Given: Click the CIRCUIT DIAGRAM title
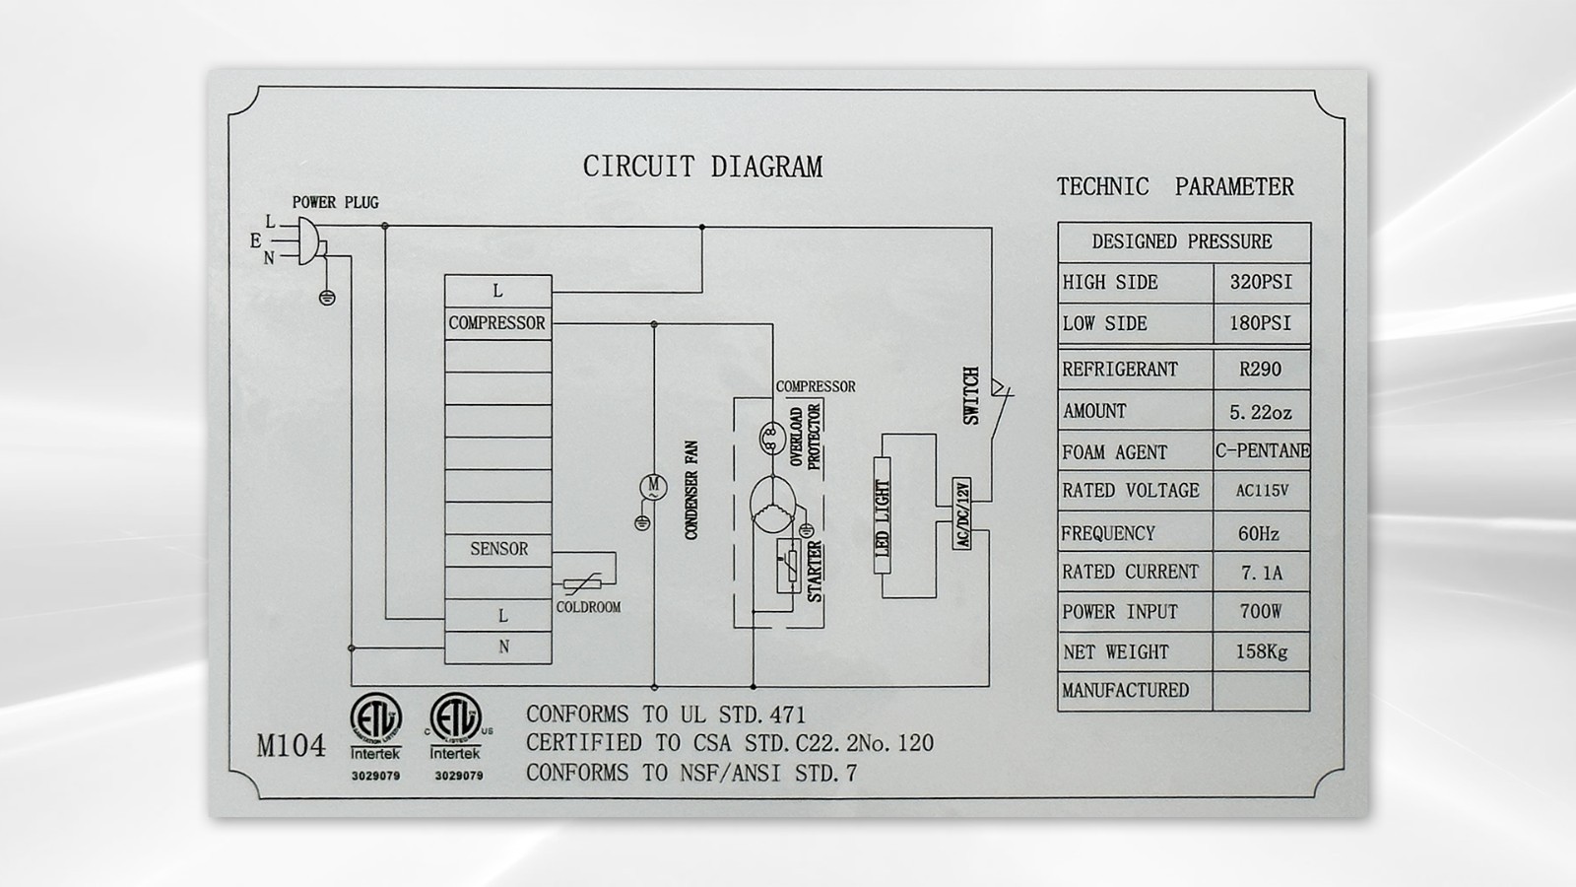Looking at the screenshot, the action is (702, 168).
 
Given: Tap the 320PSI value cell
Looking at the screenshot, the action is (1262, 283).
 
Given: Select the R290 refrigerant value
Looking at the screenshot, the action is (1260, 370).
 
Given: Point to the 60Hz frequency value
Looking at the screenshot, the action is (1259, 533).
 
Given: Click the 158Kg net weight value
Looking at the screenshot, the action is (1262, 651).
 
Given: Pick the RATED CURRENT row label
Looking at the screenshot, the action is (1130, 572).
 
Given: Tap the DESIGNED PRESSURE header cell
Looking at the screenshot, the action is (1183, 242).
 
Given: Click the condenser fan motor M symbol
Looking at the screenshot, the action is (653, 487).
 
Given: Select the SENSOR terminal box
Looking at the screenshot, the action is (498, 550).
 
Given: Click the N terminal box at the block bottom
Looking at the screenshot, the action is (498, 648).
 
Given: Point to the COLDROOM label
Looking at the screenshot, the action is (589, 607).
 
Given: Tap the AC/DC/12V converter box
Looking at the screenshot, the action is (962, 513).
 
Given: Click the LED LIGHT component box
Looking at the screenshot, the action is (883, 515).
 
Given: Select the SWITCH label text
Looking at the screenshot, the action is (971, 395).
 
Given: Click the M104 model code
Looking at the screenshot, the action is (292, 746).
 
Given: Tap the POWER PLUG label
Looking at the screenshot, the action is (336, 203).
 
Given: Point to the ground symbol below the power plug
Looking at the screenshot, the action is (327, 298).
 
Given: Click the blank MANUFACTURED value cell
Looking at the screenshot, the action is (1262, 691).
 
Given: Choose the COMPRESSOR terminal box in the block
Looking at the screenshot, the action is (498, 323).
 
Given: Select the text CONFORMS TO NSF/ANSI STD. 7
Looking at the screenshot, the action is (691, 773).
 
